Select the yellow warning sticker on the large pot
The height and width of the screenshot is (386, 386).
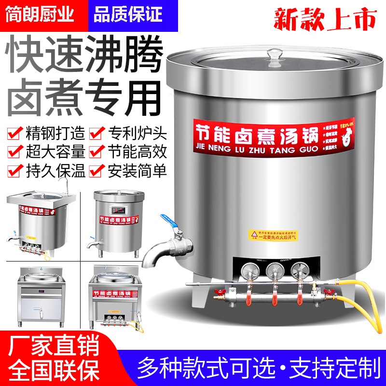point(273,235)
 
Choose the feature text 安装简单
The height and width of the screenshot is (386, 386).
point(136,170)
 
